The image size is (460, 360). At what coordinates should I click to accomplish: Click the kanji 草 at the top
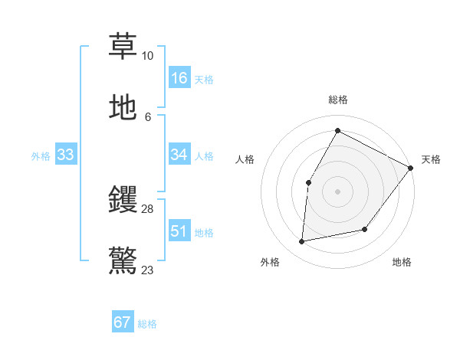[x=123, y=46]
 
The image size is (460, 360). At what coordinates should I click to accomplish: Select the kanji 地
[x=123, y=108]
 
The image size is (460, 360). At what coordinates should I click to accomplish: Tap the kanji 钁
[x=123, y=200]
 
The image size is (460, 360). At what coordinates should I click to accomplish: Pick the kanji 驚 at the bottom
[x=123, y=260]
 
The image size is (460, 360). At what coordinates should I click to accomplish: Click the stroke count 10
[x=147, y=56]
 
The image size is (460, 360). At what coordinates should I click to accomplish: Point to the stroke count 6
[x=147, y=117]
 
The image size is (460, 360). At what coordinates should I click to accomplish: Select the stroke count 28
[x=147, y=209]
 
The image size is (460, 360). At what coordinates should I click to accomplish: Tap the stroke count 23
[x=147, y=270]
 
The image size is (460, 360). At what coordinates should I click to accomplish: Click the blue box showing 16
[x=179, y=77]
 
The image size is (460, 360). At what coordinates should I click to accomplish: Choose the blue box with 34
[x=179, y=155]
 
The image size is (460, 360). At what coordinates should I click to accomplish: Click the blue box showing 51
[x=179, y=231]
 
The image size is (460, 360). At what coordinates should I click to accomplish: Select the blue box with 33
[x=65, y=155]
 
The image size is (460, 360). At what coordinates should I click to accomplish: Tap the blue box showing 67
[x=123, y=322]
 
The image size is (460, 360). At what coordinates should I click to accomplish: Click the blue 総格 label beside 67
[x=147, y=324]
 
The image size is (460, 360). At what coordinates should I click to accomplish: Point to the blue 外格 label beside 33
[x=41, y=156]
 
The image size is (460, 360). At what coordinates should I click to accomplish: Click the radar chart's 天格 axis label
[x=431, y=159]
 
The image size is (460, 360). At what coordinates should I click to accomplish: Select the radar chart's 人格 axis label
[x=245, y=159]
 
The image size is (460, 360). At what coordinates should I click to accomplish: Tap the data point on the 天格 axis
[x=410, y=168]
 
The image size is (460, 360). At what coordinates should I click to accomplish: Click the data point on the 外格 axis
[x=302, y=242]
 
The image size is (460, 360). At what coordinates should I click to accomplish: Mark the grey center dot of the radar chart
[x=337, y=191]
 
